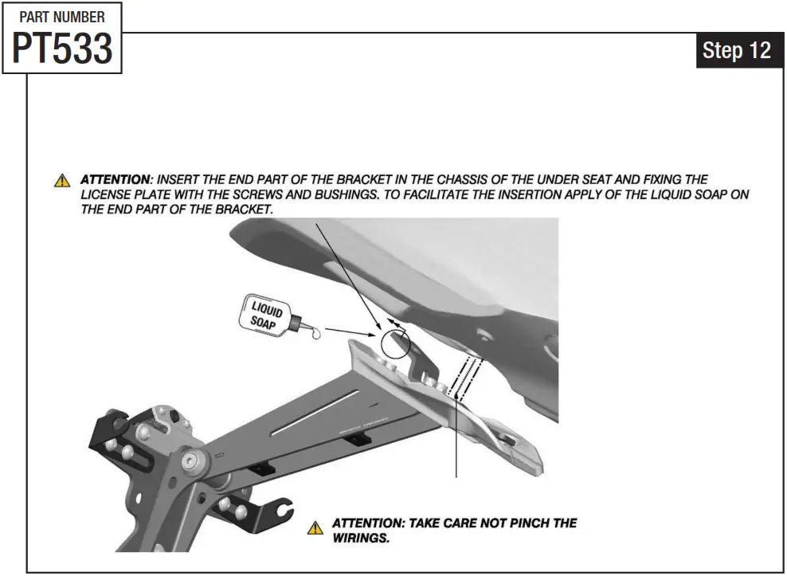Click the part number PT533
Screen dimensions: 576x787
tap(62, 49)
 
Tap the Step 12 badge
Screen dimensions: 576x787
tap(737, 51)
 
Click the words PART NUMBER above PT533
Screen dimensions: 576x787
tap(62, 16)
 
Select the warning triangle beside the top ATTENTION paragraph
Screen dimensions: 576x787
tap(62, 181)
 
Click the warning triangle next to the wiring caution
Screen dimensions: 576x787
tap(316, 528)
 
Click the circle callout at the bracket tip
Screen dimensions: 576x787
tap(395, 343)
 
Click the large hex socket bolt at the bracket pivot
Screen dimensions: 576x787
tap(193, 460)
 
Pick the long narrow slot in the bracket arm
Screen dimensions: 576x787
tap(314, 413)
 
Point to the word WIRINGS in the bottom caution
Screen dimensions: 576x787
tap(361, 538)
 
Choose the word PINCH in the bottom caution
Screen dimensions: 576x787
tap(526, 523)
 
